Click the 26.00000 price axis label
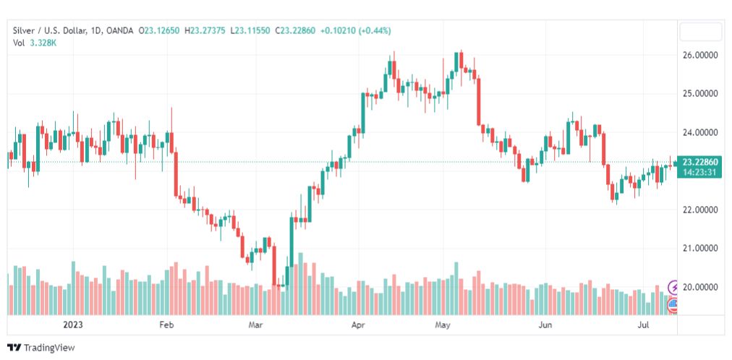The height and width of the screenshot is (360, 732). [701, 55]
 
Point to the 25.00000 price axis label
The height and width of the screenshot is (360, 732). [701, 94]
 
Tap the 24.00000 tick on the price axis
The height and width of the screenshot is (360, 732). [701, 133]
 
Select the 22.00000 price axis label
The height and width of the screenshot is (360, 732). [701, 210]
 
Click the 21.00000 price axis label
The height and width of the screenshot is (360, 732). [701, 249]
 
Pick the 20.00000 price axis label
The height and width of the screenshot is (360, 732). [701, 287]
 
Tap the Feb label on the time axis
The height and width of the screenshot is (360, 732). [167, 325]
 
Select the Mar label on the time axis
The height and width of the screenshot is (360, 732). [255, 325]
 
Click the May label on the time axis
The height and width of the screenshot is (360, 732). [443, 325]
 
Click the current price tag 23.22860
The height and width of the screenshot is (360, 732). [699, 162]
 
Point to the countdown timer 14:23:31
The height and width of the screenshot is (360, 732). [699, 172]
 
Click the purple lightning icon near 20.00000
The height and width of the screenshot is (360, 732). [674, 288]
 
